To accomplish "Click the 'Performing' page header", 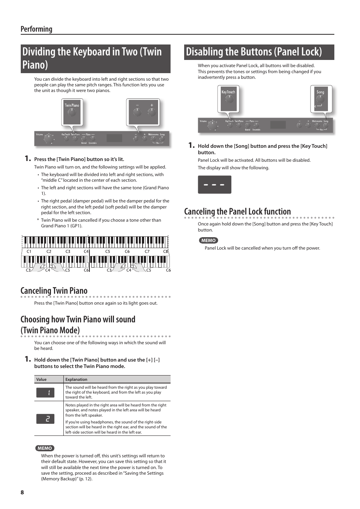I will pyautogui.click(x=36, y=29).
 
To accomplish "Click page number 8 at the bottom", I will pyautogui.click(x=22, y=492).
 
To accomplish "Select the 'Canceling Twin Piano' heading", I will pyautogui.click(x=54, y=291).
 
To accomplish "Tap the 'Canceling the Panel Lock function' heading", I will pyautogui.click(x=237, y=212).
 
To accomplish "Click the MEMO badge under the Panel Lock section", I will pyautogui.click(x=208, y=240).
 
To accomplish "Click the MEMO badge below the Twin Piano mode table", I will pyautogui.click(x=45, y=448).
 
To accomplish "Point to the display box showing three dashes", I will pyautogui.click(x=214, y=185).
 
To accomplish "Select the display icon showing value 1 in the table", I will pyautogui.click(x=45, y=392).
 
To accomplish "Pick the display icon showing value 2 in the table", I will pyautogui.click(x=45, y=419).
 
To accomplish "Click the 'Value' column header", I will pyautogui.click(x=42, y=379).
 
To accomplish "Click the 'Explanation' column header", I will pyautogui.click(x=76, y=379).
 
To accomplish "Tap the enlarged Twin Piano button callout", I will pyautogui.click(x=72, y=112).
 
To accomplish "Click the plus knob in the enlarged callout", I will pyautogui.click(x=152, y=112).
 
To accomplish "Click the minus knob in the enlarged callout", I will pyautogui.click(x=137, y=112).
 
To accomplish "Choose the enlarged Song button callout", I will pyautogui.click(x=320, y=99).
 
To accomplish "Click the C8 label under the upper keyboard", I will pyautogui.click(x=165, y=251).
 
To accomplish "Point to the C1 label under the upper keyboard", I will pyautogui.click(x=29, y=251).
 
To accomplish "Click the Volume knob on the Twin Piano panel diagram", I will pyautogui.click(x=48, y=139).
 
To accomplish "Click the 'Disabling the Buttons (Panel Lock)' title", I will pyautogui.click(x=254, y=52).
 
